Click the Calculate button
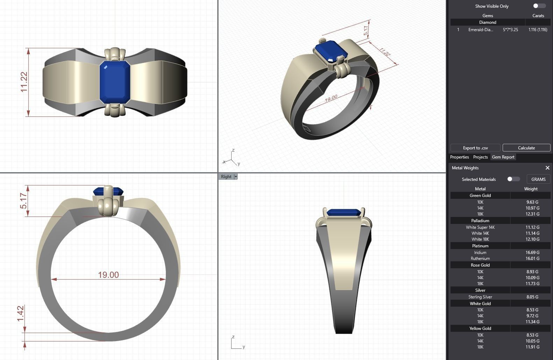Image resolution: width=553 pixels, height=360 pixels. [526, 148]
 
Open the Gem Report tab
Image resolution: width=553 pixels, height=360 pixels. [503, 157]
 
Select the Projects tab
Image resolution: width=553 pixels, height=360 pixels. [480, 157]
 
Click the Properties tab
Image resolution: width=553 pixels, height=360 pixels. [459, 157]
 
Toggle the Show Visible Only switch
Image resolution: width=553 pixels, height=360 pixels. [539, 6]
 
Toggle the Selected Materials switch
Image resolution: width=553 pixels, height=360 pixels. [513, 179]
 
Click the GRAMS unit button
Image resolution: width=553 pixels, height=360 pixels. [538, 179]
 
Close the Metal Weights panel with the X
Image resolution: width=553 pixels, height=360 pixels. [547, 168]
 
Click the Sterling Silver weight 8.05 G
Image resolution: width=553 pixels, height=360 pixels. [532, 297]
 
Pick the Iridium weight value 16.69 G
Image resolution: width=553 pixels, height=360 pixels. [532, 252]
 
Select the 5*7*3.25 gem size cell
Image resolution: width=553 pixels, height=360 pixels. [510, 30]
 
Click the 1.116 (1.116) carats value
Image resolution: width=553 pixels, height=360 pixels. [538, 30]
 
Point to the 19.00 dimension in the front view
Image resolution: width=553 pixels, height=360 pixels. [108, 275]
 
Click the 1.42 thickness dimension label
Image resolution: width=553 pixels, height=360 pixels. [21, 313]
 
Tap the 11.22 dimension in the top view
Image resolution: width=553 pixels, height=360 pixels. [24, 82]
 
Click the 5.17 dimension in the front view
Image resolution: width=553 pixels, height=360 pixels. [23, 201]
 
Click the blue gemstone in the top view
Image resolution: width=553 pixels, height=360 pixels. [115, 82]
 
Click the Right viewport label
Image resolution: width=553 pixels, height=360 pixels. [226, 177]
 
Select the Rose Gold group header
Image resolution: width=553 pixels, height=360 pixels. [480, 265]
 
